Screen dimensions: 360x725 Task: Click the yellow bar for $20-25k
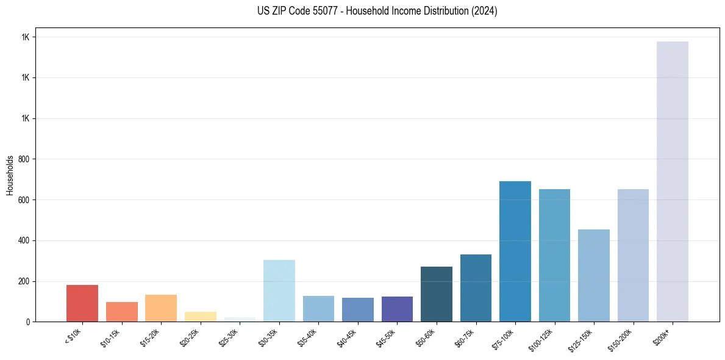coord(201,317)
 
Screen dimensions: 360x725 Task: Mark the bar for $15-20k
coord(161,308)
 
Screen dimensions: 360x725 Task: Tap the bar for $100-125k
coord(554,256)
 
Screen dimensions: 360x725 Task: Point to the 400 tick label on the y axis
coord(24,240)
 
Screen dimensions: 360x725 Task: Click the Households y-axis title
coord(10,175)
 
